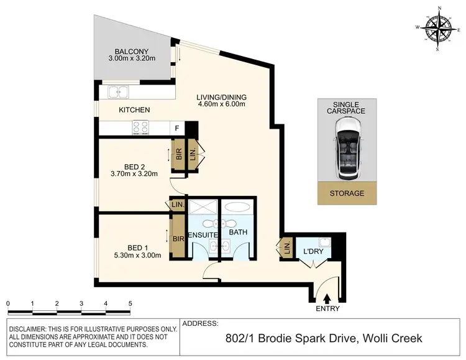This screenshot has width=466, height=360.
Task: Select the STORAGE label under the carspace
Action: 347,193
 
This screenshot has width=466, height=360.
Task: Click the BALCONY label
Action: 130,52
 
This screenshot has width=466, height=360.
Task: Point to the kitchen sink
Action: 117,93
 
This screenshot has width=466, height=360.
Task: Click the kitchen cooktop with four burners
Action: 140,127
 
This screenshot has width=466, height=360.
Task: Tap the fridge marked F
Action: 177,129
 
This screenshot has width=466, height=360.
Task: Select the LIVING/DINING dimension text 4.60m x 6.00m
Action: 222,104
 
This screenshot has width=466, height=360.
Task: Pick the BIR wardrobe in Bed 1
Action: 178,238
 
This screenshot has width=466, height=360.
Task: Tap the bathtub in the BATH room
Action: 236,208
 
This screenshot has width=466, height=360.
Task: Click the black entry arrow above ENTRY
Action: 327,299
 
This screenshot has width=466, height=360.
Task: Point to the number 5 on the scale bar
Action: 130,303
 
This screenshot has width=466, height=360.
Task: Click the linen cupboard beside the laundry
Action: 286,249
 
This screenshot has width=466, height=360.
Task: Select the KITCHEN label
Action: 134,110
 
